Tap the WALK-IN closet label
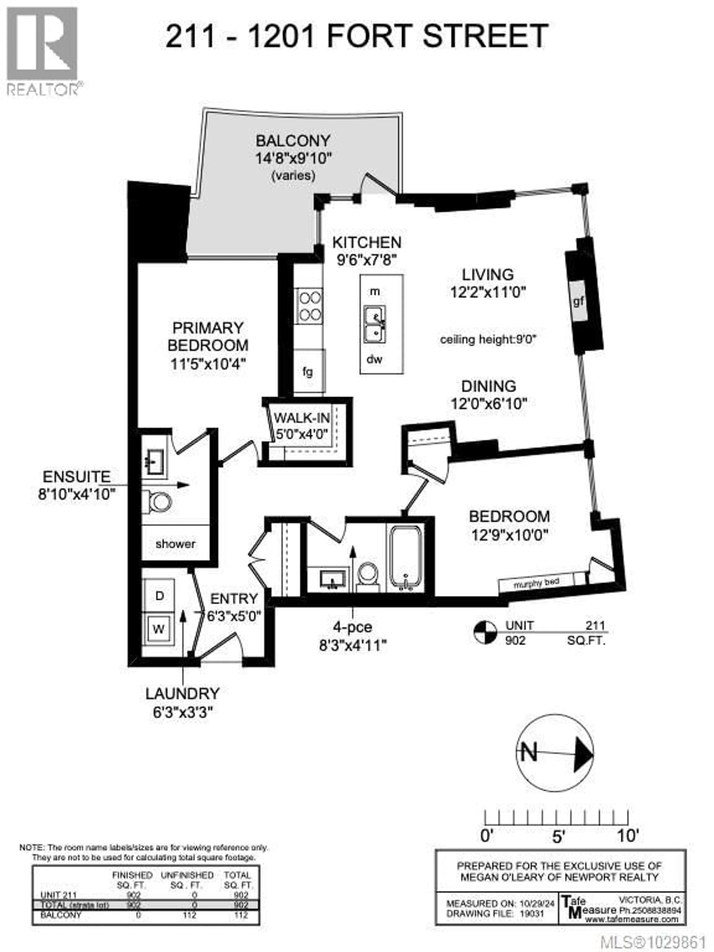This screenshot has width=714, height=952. pyautogui.click(x=302, y=417)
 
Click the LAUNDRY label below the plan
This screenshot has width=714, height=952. pyautogui.click(x=182, y=693)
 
